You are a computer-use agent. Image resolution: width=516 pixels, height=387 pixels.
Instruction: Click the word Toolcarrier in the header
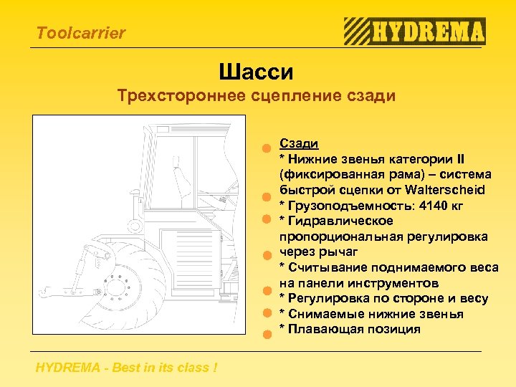[x=80, y=33]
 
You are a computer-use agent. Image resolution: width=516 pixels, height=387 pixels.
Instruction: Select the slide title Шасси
[x=257, y=72]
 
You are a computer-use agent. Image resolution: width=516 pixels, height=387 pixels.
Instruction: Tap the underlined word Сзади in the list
[x=299, y=143]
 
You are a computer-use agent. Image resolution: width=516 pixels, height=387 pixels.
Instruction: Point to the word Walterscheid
[x=444, y=190]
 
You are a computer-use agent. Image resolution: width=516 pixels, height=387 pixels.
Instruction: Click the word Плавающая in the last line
[x=320, y=329]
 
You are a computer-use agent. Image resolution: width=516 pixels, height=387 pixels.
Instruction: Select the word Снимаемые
[x=322, y=314]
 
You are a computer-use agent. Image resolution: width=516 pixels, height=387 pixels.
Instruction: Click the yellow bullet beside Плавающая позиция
[x=265, y=333]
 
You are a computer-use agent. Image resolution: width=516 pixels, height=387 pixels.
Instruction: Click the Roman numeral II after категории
[x=461, y=159]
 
